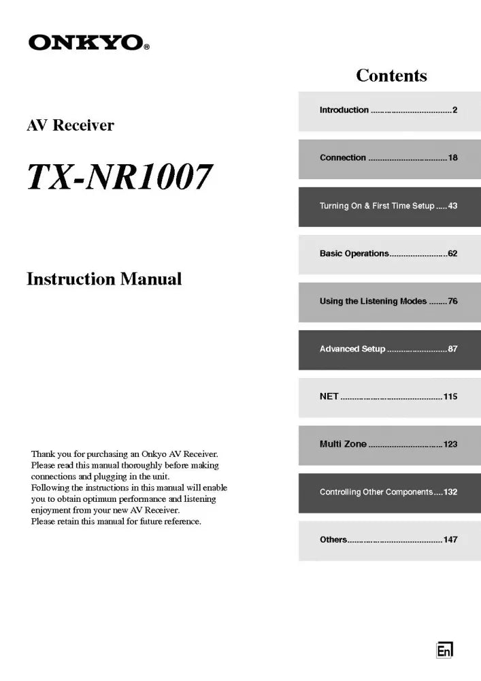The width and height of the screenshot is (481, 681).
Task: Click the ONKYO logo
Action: coord(88,43)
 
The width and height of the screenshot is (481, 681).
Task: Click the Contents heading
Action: coord(391,75)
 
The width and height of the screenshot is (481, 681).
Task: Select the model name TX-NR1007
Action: coord(120,177)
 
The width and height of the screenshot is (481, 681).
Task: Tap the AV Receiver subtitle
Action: coord(70,125)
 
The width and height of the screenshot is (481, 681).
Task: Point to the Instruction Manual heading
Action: coord(104,279)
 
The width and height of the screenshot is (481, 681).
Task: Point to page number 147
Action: coord(450,539)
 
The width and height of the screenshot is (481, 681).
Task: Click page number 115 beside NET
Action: coord(450,396)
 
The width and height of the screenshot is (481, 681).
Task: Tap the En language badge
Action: coord(444,651)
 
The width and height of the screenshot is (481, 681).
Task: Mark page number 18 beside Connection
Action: coord(452,157)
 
